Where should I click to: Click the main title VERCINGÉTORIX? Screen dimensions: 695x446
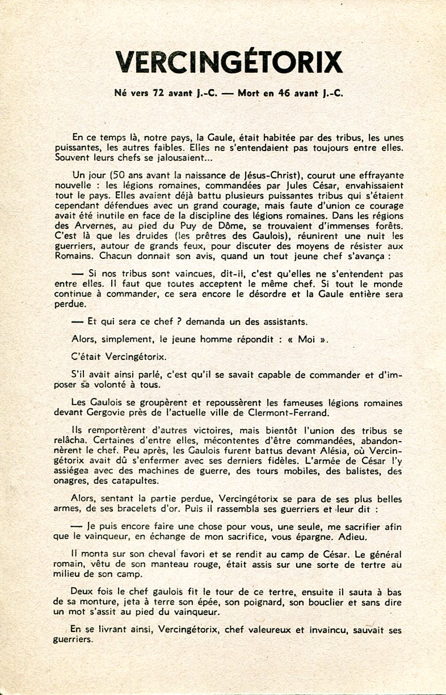tap(229, 61)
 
